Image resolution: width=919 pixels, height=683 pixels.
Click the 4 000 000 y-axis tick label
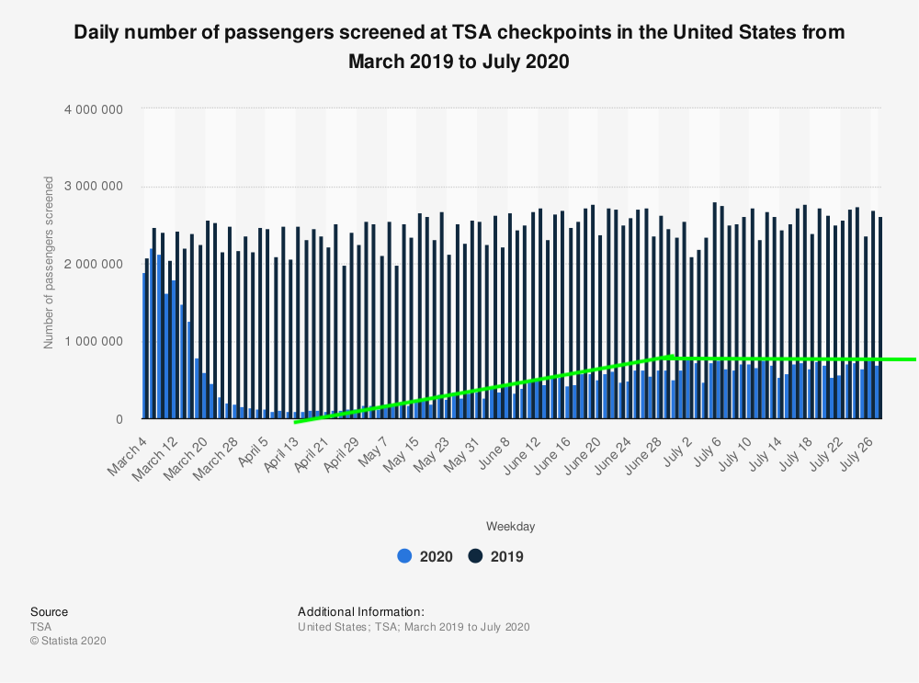click(93, 109)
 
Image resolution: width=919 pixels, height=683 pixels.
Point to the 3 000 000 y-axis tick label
click(93, 187)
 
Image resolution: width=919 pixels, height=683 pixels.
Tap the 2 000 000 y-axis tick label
click(93, 264)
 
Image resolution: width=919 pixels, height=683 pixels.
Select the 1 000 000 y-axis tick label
click(93, 342)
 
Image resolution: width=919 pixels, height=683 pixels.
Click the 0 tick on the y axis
click(119, 419)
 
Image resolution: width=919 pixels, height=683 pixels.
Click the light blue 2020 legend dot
click(404, 556)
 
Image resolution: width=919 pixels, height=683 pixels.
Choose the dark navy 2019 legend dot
click(475, 556)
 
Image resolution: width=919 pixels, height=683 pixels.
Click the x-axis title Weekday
click(510, 527)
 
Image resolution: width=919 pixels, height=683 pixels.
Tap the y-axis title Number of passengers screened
click(49, 263)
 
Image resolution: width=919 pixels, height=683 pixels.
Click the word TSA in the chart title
click(478, 31)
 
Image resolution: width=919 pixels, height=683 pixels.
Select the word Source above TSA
click(49, 611)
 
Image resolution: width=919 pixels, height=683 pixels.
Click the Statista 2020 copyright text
click(68, 641)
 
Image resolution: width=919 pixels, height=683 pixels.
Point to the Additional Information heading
click(360, 611)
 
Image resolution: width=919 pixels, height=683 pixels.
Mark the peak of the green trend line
click(670, 355)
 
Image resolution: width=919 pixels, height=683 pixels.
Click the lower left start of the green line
click(296, 422)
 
